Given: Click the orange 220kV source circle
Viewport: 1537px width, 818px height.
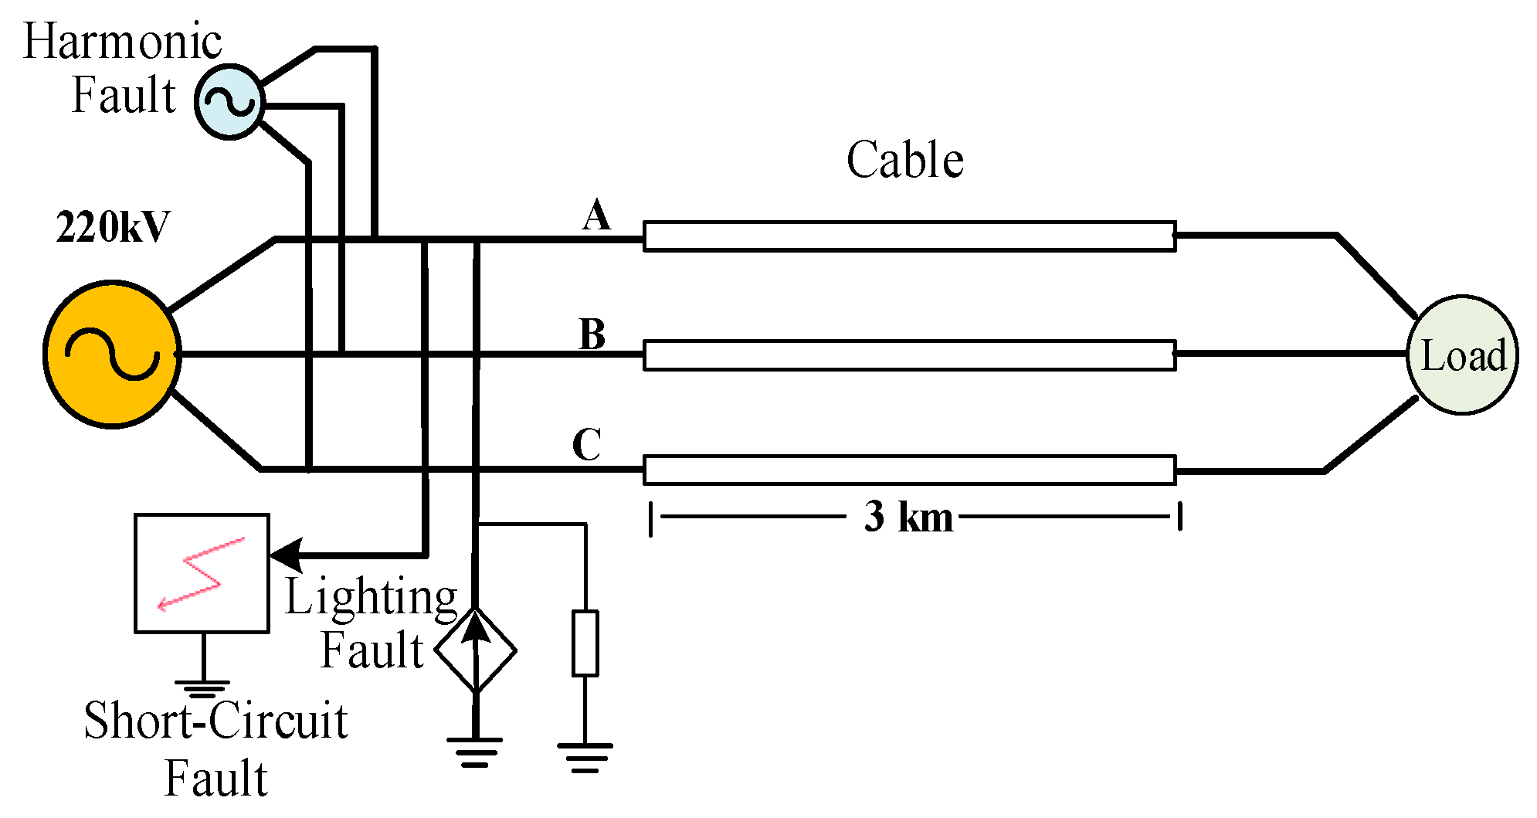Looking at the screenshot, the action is click(113, 354).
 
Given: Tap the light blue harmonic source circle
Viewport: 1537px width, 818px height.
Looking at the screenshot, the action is click(230, 101).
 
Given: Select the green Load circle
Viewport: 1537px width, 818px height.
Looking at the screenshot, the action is click(1462, 355).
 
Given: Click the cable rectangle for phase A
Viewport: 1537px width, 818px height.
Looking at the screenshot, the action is click(910, 236).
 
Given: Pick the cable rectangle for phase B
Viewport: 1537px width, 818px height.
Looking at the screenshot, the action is click(910, 355).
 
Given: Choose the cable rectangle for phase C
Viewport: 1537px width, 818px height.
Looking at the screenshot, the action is click(910, 470).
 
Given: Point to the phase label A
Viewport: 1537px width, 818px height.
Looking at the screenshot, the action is click(596, 215).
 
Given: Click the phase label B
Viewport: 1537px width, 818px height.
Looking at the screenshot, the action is click(593, 334).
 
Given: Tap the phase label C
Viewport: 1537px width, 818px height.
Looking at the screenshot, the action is click(587, 445).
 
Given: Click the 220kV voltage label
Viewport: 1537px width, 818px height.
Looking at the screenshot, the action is click(113, 228).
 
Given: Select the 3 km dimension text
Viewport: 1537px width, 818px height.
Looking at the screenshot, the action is click(909, 516).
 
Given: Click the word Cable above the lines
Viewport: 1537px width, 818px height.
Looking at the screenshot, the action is click(905, 160).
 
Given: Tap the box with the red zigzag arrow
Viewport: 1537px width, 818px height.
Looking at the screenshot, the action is click(202, 573).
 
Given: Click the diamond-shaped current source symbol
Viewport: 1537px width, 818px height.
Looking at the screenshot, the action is click(476, 650).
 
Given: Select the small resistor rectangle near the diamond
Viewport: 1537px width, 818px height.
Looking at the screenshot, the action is click(585, 643).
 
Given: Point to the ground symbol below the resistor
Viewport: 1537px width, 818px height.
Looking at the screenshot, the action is click(585, 757).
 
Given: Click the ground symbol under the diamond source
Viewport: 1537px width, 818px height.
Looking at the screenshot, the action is click(475, 752).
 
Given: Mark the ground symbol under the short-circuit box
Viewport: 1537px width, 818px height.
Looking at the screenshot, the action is click(203, 689).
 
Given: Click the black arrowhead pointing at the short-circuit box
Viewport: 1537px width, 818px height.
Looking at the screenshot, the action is click(286, 555).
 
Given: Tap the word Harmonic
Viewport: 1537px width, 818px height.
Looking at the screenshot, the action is click(123, 41).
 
